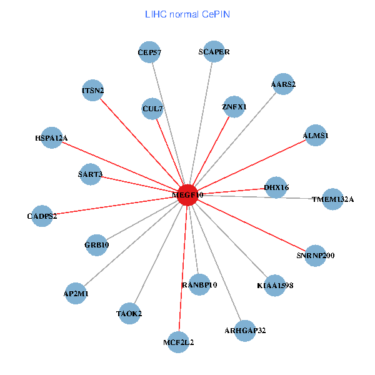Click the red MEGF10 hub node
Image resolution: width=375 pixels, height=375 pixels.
[x=187, y=194]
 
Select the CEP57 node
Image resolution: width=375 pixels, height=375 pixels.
[x=150, y=52]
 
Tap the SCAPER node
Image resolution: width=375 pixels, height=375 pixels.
[x=214, y=52]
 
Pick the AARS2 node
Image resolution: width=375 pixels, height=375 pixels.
[x=283, y=84]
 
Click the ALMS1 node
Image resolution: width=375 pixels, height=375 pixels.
[x=316, y=135]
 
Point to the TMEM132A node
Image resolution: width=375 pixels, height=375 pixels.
[x=332, y=199]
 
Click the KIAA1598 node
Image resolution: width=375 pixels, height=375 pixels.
[x=274, y=285]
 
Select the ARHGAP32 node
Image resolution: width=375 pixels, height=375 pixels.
[x=245, y=330]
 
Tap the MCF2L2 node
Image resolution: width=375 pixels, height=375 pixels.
[x=179, y=342]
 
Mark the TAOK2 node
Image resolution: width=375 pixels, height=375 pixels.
[x=129, y=314]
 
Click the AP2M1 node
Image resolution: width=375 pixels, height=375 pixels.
[x=76, y=293]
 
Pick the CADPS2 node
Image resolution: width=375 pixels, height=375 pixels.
[x=42, y=216]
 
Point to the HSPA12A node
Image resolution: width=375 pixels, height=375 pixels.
[x=51, y=137]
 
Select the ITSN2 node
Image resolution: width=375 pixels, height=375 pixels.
[x=92, y=91]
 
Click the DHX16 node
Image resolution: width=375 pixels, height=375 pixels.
[x=276, y=187]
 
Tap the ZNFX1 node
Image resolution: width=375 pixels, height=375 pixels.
[x=234, y=107]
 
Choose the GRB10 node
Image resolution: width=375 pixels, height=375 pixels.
[x=96, y=245]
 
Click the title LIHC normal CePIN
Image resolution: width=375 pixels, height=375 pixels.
[x=187, y=13]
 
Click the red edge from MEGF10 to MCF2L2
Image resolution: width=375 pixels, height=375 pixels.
[x=183, y=269]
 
